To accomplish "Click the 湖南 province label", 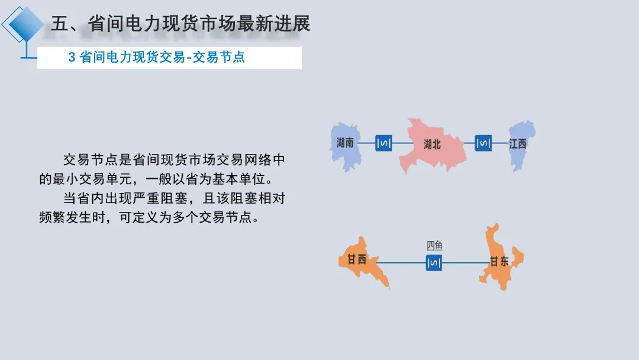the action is [345, 143].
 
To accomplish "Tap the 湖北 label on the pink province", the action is [433, 144].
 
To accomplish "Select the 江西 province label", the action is [518, 144].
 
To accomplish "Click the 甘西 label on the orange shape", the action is [357, 259].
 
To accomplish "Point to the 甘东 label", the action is [499, 261].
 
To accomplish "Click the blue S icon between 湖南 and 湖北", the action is [383, 143].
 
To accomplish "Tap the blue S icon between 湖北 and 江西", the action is [483, 143].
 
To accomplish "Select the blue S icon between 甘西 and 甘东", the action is [434, 262].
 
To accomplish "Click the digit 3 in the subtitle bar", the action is [72, 57].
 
